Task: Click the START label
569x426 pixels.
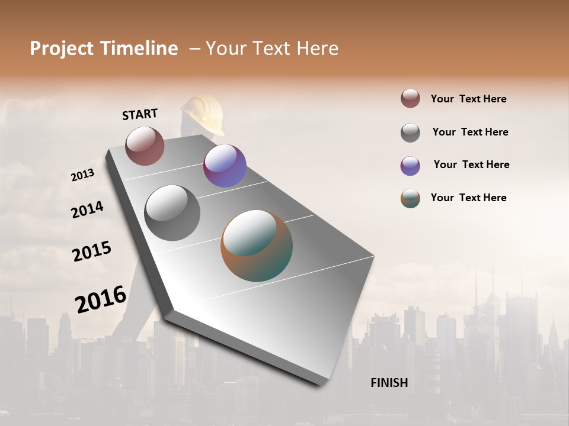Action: (140, 114)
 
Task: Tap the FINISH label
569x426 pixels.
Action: (389, 383)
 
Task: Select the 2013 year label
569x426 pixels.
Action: (82, 175)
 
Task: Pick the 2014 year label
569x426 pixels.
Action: (87, 209)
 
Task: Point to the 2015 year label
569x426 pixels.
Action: (92, 251)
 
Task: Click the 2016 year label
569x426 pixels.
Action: (101, 299)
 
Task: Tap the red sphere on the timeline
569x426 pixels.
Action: (145, 146)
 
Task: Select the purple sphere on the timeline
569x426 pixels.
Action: (225, 166)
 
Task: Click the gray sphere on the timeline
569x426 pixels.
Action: (172, 212)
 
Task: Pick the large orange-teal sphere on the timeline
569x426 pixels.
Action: (257, 246)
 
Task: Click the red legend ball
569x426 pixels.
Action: (410, 98)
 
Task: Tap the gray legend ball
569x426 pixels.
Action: (410, 133)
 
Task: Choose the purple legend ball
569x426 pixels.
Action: (410, 166)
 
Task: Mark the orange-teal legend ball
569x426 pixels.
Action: (410, 198)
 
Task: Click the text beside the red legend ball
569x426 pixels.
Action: (468, 99)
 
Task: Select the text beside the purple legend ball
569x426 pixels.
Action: (471, 164)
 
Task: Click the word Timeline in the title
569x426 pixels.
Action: (140, 49)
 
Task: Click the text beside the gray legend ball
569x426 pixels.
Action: (470, 132)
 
